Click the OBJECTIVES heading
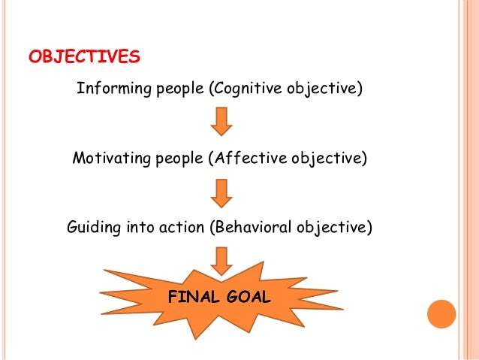83,57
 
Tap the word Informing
106,91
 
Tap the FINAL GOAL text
218,296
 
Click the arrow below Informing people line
221,121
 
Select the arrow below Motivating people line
221,192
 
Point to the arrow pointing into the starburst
221,259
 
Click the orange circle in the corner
442,314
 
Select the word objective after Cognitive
326,91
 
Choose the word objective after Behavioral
336,225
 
